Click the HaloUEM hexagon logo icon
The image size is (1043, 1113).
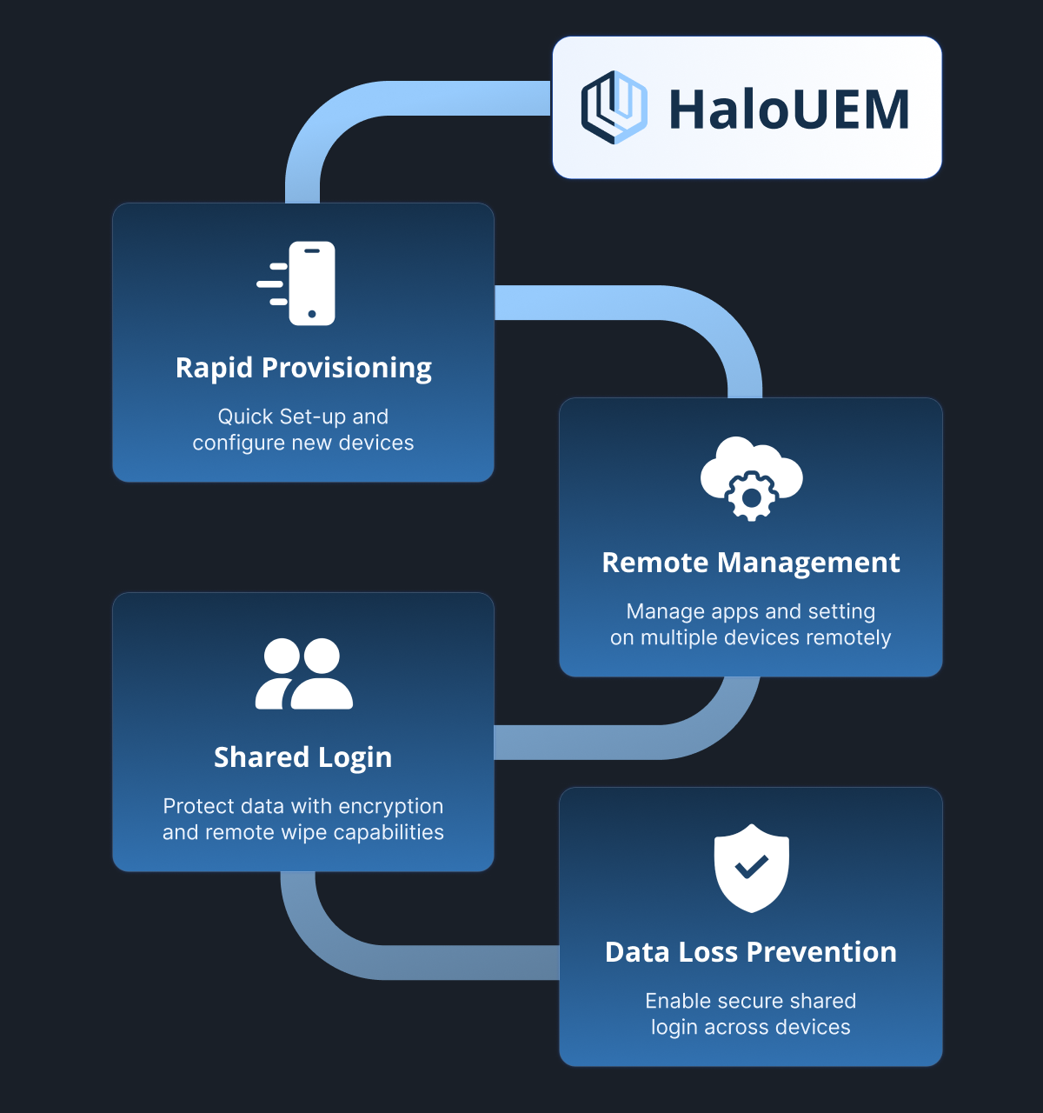click(x=615, y=107)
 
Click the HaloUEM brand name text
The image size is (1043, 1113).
click(x=789, y=110)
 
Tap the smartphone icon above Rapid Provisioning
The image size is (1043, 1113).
click(x=296, y=283)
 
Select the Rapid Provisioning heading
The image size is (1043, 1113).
click(x=303, y=368)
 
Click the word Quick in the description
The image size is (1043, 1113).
click(x=245, y=417)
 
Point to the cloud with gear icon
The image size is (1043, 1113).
click(x=751, y=478)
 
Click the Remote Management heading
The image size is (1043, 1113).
click(x=750, y=562)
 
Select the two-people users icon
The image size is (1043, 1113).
click(x=303, y=674)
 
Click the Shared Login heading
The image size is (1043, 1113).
click(x=302, y=757)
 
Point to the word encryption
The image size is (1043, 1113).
click(x=390, y=806)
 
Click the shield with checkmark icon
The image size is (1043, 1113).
click(x=751, y=868)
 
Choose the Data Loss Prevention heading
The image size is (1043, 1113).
click(x=750, y=951)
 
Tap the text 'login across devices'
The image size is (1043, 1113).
click(x=750, y=1027)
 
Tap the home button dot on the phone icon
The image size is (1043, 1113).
click(x=312, y=314)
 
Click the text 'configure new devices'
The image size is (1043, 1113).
click(x=303, y=443)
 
